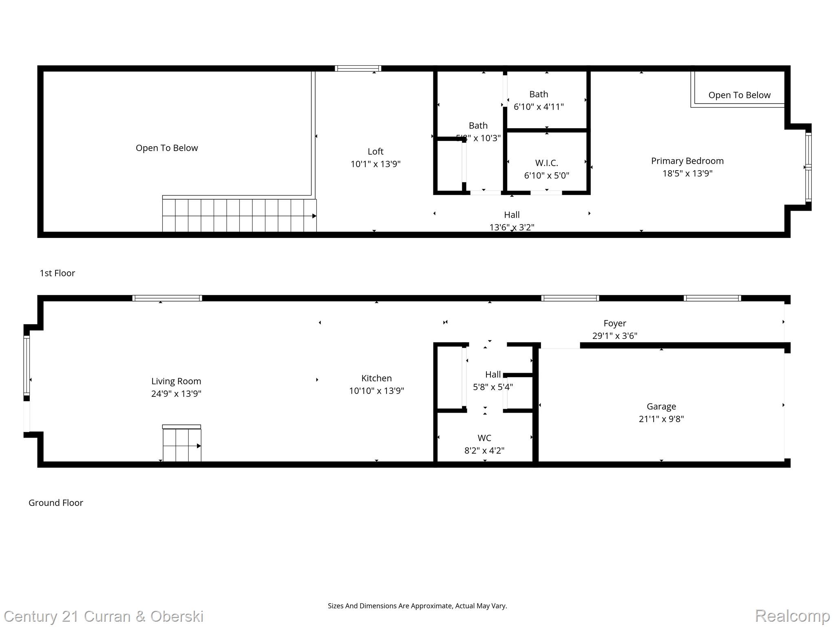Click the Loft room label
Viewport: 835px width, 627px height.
point(375,151)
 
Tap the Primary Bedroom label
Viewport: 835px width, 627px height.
point(687,161)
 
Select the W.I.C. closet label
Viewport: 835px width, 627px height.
point(546,163)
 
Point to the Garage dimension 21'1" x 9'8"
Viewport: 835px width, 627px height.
point(661,419)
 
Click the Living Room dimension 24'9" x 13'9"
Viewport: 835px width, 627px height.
point(176,394)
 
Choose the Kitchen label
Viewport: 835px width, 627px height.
point(376,378)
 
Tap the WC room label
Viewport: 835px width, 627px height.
point(484,438)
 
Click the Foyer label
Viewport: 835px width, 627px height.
point(614,323)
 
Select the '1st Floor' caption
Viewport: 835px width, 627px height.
point(57,273)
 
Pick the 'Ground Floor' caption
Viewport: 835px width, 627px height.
point(55,502)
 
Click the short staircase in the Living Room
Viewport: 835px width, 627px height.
point(182,444)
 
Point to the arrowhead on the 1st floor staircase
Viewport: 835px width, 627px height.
point(314,216)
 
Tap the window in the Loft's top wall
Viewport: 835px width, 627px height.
point(358,68)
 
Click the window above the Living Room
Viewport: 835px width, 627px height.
point(167,298)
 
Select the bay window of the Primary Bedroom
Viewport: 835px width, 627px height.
point(808,167)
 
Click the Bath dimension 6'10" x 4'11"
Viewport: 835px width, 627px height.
point(539,107)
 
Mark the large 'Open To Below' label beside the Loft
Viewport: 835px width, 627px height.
point(167,148)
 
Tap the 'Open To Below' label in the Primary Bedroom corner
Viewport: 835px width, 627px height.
point(739,95)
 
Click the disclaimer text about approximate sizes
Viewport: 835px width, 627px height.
point(417,606)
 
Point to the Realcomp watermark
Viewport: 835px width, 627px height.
point(792,616)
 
